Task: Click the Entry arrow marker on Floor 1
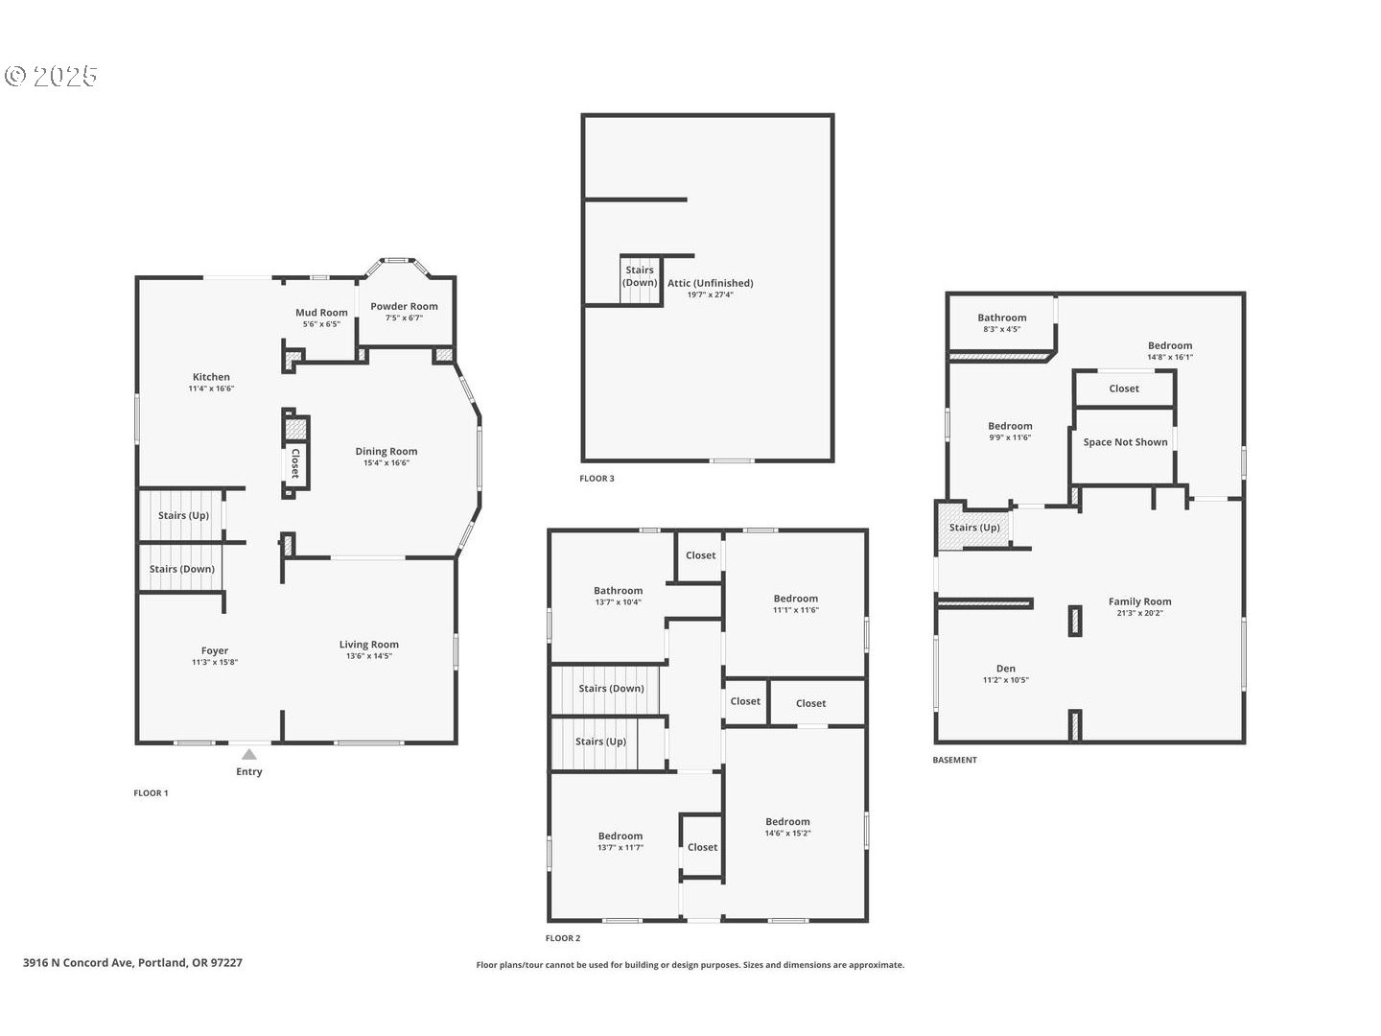249,754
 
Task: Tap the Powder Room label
404,306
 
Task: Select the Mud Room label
321,313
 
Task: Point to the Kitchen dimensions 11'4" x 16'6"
211,388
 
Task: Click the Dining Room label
386,451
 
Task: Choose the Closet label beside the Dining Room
295,463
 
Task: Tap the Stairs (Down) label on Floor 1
182,569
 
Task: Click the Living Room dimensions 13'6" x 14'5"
368,656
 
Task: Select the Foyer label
215,651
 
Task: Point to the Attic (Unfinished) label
711,283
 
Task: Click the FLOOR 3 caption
597,479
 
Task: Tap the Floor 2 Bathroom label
619,591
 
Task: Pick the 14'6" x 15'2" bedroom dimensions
787,834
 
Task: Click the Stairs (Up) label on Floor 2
601,742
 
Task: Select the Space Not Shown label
1126,442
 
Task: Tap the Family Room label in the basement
1140,602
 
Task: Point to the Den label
1006,669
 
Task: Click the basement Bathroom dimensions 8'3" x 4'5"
1002,329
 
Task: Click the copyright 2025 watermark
51,76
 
